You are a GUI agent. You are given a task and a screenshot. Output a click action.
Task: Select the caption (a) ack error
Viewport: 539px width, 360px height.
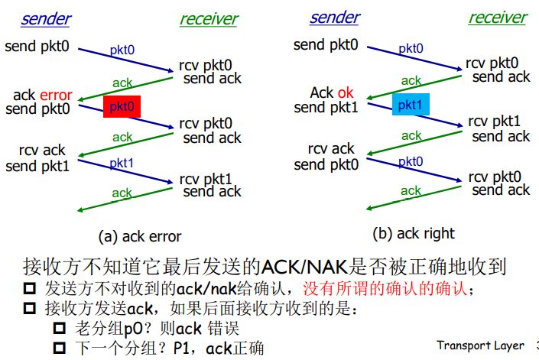coord(140,236)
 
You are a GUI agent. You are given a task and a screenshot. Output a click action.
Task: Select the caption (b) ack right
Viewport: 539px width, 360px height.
coord(414,233)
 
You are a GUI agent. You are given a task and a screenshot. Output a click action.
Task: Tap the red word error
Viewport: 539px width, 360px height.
coord(56,96)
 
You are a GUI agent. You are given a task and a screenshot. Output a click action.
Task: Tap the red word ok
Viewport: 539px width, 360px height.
coord(346,92)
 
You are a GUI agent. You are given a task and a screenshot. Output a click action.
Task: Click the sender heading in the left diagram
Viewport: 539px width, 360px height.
coord(47,18)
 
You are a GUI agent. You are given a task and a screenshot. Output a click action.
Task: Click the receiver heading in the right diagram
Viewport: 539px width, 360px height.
coord(498,17)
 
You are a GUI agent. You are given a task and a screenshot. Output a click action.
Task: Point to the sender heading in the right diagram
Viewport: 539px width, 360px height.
coord(336,17)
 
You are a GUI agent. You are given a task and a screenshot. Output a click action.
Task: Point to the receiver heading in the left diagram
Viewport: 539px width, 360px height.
coord(209,18)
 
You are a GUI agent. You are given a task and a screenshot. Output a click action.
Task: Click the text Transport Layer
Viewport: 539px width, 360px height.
coord(480,345)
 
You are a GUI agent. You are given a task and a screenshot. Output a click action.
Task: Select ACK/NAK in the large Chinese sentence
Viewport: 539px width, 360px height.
coord(304,267)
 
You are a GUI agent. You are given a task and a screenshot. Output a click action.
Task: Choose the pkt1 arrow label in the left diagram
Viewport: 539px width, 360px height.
coord(122,164)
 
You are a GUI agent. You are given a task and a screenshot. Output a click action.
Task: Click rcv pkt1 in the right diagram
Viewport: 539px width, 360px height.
coord(494,121)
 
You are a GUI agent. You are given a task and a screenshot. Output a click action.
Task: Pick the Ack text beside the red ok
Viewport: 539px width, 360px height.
coord(322,92)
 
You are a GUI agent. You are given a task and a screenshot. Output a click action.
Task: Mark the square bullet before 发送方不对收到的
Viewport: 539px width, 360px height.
coord(31,290)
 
